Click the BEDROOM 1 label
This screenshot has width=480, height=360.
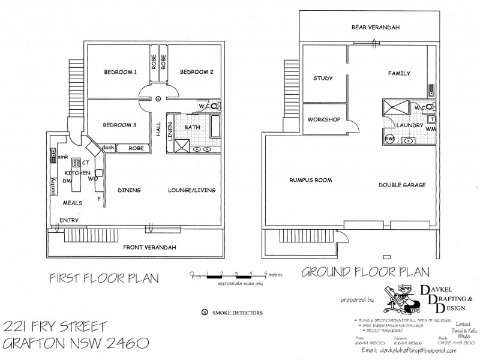(x=121, y=73)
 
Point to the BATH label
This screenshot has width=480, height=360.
(x=192, y=127)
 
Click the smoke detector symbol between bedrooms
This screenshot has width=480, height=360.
(x=158, y=98)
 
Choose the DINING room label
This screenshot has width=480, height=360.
(x=129, y=191)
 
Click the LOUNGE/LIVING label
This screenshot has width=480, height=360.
(x=191, y=191)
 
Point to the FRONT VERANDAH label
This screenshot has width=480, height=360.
(x=145, y=247)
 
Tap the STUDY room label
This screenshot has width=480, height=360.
(x=323, y=79)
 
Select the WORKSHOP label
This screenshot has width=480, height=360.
(x=323, y=120)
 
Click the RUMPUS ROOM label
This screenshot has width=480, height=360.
(x=310, y=180)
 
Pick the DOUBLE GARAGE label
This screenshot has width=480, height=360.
(x=402, y=185)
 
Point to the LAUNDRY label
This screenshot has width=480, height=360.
(x=410, y=125)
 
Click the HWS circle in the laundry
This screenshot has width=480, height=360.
(x=389, y=139)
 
